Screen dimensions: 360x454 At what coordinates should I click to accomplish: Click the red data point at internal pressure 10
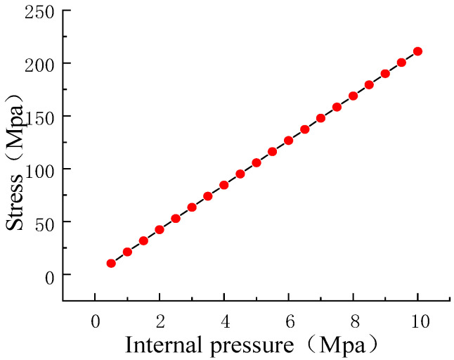(417, 51)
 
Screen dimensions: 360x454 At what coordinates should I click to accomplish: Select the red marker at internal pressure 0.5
(111, 263)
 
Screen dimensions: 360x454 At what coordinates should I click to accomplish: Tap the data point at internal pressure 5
(257, 162)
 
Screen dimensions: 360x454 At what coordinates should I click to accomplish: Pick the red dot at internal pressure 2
(160, 229)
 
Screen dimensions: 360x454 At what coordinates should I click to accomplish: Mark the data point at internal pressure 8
(354, 96)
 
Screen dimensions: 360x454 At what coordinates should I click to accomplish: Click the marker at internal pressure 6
(289, 140)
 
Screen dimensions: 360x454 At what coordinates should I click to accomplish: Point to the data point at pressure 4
(224, 185)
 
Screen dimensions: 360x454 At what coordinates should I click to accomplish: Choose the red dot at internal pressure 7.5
(337, 107)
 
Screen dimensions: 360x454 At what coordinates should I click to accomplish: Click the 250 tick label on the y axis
(40, 11)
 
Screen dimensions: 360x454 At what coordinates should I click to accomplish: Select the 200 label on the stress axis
(40, 64)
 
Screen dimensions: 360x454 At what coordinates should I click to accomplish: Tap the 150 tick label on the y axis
(40, 117)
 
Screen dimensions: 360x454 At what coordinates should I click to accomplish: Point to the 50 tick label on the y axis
(44, 222)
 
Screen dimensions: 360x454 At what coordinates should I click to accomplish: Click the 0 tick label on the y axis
(48, 276)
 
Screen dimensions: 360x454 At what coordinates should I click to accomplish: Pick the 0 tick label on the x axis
(95, 321)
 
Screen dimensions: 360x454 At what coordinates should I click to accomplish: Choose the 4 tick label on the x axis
(224, 321)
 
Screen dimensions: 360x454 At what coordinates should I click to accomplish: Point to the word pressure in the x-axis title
(244, 345)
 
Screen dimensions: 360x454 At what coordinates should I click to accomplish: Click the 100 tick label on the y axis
(40, 169)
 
